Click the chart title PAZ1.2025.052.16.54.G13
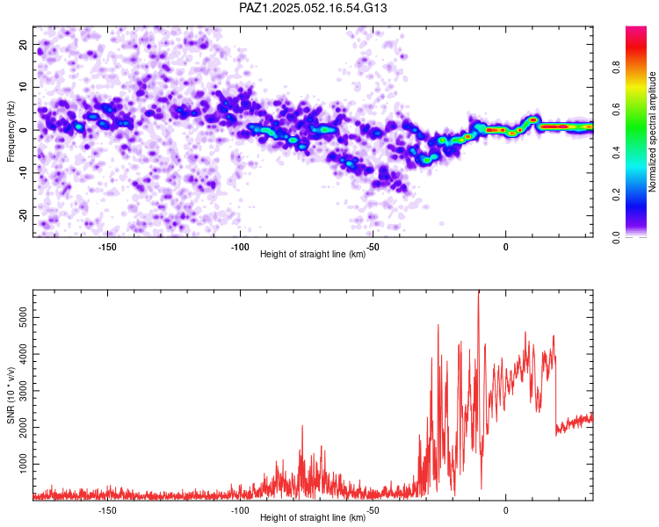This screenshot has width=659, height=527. tap(313, 8)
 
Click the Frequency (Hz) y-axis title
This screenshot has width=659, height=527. tap(11, 132)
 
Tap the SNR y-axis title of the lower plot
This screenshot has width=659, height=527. tap(11, 395)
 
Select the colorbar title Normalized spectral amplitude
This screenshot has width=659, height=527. tap(652, 132)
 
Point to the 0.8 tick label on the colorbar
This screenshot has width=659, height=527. tap(616, 68)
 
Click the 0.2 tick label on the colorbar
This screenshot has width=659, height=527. tap(616, 195)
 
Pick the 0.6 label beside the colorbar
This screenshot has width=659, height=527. tap(616, 110)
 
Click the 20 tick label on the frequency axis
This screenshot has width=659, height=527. tap(24, 45)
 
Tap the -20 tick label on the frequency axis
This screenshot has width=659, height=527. tap(24, 215)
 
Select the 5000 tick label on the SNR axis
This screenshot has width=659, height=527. tap(24, 318)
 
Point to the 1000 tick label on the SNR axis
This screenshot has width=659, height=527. tap(24, 464)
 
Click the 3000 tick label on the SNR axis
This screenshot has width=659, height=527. tap(24, 391)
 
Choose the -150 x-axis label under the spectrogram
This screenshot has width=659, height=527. tap(107, 247)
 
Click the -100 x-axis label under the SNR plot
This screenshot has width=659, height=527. tap(240, 510)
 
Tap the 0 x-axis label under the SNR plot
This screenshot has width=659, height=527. tap(505, 510)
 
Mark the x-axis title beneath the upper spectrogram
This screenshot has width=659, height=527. tap(313, 254)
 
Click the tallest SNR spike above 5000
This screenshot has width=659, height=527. tap(478, 292)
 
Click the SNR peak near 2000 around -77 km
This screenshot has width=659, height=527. tap(301, 427)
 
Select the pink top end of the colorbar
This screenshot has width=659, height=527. tap(636, 30)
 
